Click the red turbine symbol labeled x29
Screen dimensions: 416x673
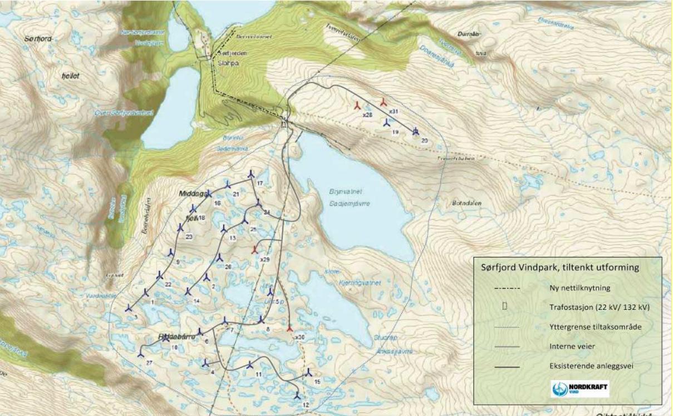[x=255, y=248]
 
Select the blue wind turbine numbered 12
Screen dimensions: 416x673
[x=297, y=396]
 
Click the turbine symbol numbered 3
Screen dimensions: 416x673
[x=129, y=308]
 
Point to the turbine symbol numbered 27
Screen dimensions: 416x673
[x=140, y=353]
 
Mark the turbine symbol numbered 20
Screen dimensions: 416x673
[x=415, y=131]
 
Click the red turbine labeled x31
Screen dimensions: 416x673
[x=383, y=102]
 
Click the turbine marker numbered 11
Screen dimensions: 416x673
[x=250, y=366]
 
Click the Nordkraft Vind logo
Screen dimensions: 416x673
[x=580, y=389]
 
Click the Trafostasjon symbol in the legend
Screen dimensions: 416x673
[x=504, y=306]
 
